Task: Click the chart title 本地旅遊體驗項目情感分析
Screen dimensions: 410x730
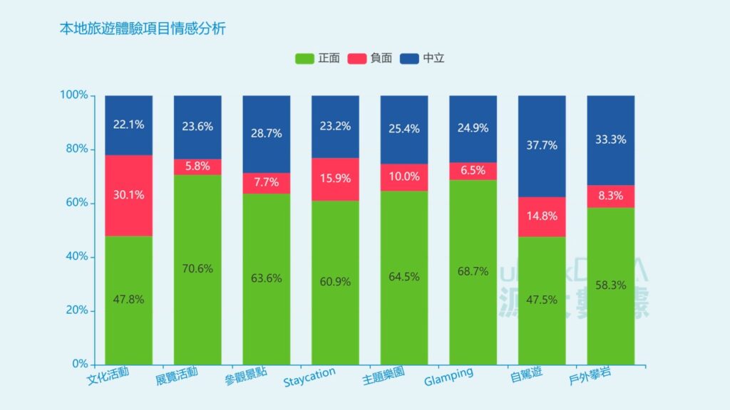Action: click(143, 29)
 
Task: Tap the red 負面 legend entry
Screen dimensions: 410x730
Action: click(370, 58)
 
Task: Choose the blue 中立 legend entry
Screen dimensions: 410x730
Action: click(423, 58)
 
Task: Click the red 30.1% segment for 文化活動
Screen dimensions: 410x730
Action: click(128, 195)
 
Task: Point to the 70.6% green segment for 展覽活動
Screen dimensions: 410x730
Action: click(197, 268)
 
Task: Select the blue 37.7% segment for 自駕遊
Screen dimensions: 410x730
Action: click(542, 145)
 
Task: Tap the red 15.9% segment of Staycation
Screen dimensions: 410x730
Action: click(335, 179)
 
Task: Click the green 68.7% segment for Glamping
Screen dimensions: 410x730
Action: click(473, 271)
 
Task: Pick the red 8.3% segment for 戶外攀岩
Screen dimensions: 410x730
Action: click(611, 196)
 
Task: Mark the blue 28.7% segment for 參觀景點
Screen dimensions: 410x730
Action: click(267, 134)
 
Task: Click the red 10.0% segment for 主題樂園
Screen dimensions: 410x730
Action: click(404, 177)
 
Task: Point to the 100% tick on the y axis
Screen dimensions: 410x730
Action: click(74, 95)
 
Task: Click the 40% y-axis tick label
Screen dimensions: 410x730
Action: click(76, 256)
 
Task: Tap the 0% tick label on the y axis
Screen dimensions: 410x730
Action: click(79, 364)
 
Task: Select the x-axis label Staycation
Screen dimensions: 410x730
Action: click(309, 378)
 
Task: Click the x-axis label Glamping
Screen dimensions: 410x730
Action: click(448, 377)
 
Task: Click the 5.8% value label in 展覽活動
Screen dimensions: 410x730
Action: click(197, 167)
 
